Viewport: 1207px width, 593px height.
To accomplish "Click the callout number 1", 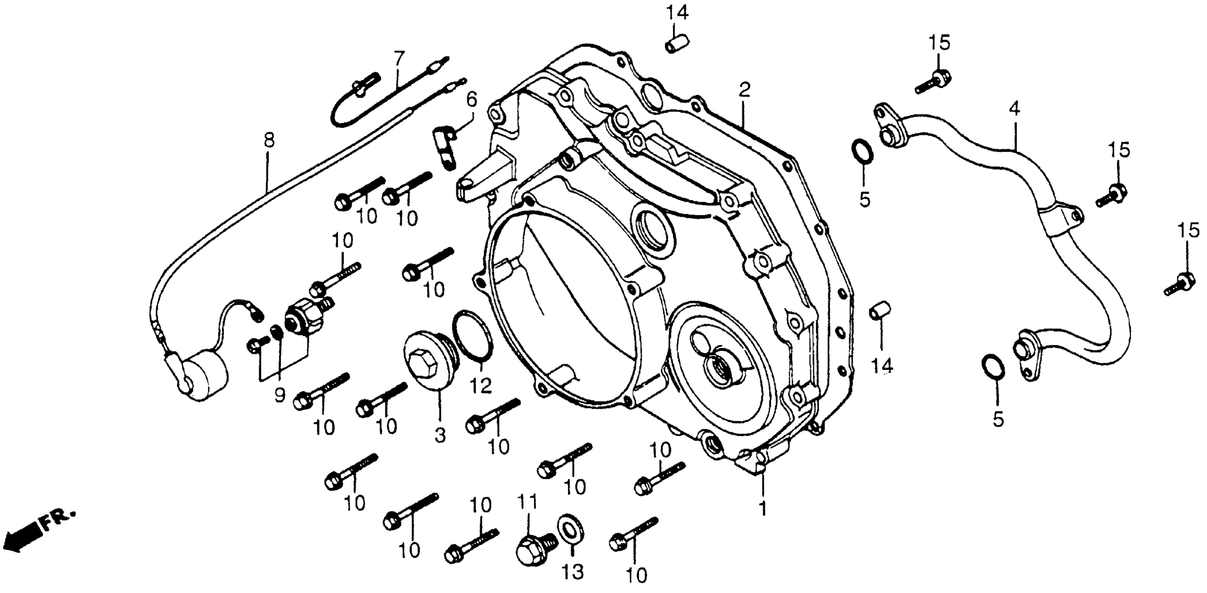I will click(x=762, y=509).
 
